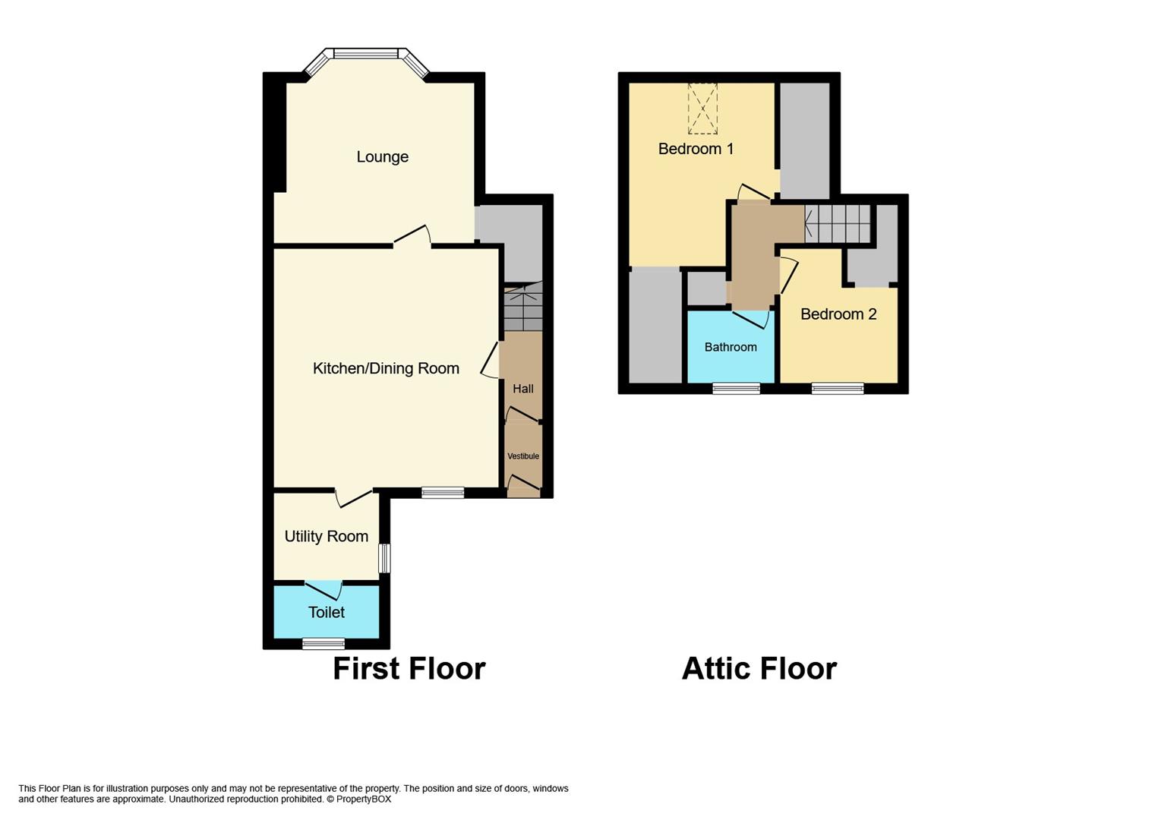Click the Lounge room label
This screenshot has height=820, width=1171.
tap(383, 157)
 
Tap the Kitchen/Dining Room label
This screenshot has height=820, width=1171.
tap(386, 368)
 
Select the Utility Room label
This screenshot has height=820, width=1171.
tap(326, 536)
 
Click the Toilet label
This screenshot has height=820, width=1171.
tap(326, 612)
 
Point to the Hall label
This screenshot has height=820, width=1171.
tap(522, 389)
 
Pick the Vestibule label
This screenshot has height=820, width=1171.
tap(523, 456)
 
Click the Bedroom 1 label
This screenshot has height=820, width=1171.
tap(696, 149)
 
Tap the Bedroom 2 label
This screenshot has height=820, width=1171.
tap(838, 314)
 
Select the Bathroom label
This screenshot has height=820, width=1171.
tap(731, 347)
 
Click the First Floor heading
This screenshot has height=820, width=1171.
tap(409, 669)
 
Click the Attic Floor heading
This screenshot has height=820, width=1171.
tap(759, 669)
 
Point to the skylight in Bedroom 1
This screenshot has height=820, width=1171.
tap(702, 109)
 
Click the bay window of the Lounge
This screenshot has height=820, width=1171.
tap(366, 55)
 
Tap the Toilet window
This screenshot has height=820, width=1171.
tap(324, 645)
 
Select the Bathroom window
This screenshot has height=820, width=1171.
tap(736, 389)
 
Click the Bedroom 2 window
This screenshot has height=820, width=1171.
tap(838, 389)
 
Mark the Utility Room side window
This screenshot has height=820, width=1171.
tap(384, 558)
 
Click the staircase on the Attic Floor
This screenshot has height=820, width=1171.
tap(838, 224)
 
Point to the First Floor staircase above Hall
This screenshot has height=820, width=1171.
tap(523, 307)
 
